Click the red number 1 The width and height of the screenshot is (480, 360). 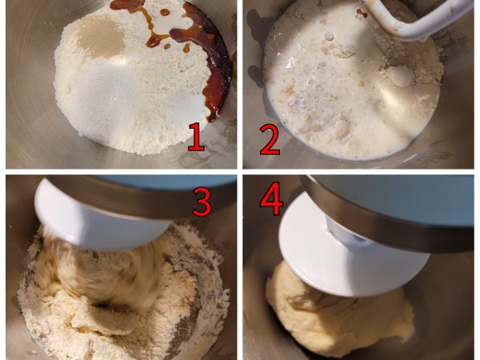[x=195, y=136]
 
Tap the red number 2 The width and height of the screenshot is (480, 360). [x=270, y=138]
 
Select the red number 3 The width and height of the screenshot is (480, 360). [x=201, y=202]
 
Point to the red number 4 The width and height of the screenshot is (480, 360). [x=271, y=200]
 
